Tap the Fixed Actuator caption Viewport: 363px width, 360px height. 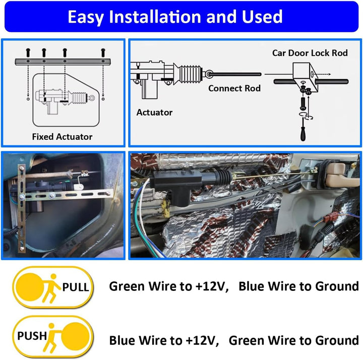[x=62, y=137]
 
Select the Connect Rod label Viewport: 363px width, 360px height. [x=234, y=88]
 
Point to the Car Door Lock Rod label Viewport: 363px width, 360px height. [x=310, y=53]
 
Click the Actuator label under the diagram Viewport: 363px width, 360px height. [x=154, y=112]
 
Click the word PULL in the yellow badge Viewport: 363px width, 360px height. [x=76, y=287]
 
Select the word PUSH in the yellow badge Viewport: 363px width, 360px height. [x=32, y=336]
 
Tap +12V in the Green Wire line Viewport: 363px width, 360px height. [x=210, y=286]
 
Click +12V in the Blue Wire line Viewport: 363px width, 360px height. [x=200, y=340]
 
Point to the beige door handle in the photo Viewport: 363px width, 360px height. [x=337, y=173]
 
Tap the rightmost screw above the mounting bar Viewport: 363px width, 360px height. [x=103, y=53]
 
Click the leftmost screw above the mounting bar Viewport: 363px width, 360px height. [x=28, y=53]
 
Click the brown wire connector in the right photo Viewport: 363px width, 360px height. [x=329, y=218]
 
